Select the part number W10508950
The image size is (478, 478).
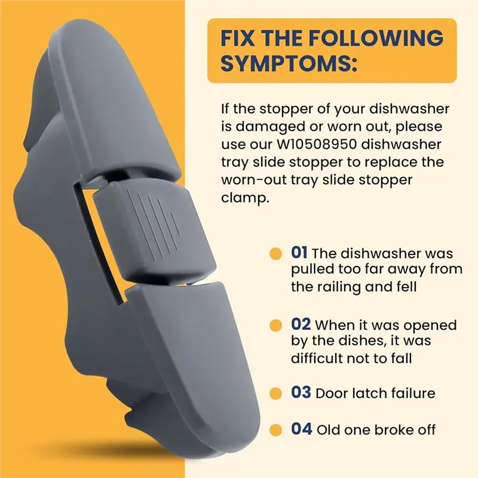317,144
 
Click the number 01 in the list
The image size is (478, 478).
299,253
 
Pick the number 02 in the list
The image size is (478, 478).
301,324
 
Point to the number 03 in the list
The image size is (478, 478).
301,393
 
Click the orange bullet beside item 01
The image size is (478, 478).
275,253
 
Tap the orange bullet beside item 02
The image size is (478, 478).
275,325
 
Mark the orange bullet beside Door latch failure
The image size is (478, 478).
275,393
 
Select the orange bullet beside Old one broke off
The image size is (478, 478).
275,430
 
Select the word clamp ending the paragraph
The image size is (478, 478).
245,198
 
